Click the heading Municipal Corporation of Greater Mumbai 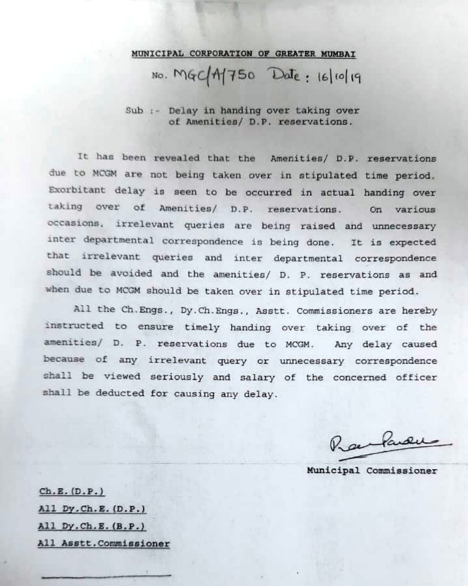243,54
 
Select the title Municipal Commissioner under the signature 372,470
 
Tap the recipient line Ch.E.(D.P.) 72,491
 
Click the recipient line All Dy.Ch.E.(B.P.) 91,526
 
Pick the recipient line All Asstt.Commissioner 104,543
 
